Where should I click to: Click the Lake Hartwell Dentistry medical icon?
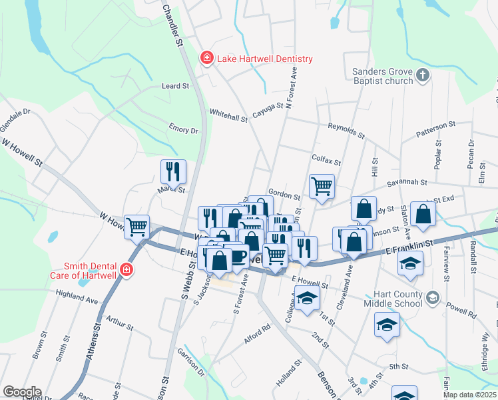[207, 59]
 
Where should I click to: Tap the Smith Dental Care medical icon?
[126, 270]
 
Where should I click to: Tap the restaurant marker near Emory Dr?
[173, 171]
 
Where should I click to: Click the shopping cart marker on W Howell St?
[137, 227]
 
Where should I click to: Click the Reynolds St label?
[346, 130]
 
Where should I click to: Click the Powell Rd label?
[462, 311]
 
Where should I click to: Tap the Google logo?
[23, 391]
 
